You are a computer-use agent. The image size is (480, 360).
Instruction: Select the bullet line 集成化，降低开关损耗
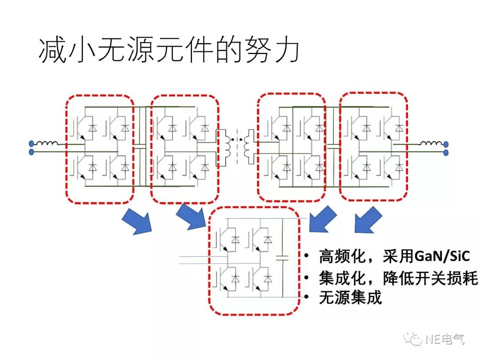398,278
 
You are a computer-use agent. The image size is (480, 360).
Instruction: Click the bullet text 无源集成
350,298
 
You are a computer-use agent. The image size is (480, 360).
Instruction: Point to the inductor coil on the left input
47,143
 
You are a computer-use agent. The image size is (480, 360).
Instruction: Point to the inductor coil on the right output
431,143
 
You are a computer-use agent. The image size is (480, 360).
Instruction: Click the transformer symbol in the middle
235,143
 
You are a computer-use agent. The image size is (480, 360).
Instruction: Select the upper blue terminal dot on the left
31,144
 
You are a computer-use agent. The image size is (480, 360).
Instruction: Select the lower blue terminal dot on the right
446,152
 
